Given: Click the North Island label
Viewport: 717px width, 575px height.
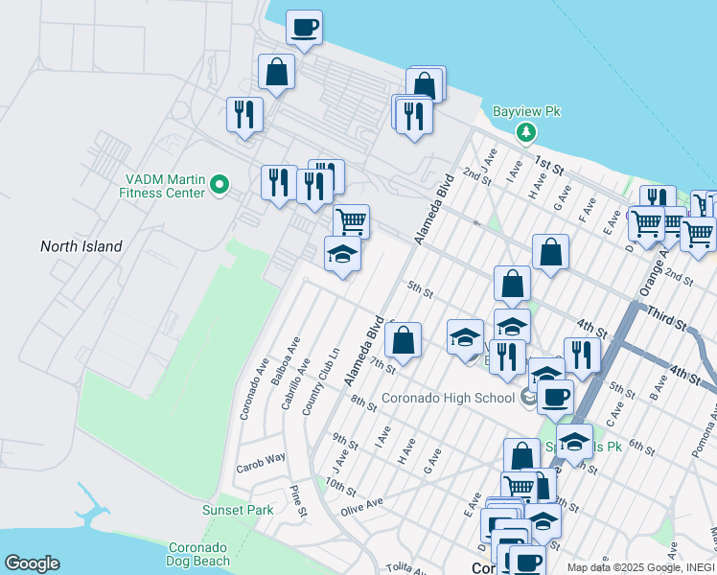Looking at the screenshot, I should coord(81,246).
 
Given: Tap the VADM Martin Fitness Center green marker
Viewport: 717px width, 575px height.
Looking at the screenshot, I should coord(220,184).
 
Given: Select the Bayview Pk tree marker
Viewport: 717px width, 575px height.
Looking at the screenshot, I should coord(525,132).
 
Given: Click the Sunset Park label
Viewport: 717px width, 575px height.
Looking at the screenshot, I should coord(238,510).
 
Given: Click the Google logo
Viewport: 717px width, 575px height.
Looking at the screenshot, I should coord(32,563).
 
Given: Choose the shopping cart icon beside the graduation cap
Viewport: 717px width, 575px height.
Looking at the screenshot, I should coord(351,221).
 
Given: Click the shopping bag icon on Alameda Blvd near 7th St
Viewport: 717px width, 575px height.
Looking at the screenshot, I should coord(404,339).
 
